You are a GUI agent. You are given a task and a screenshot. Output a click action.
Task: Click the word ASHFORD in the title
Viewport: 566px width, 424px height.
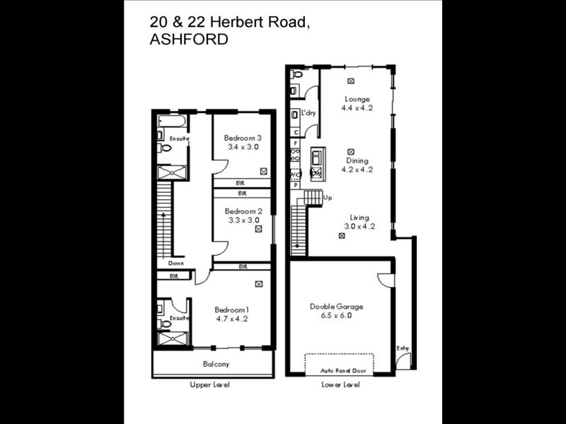[189, 40]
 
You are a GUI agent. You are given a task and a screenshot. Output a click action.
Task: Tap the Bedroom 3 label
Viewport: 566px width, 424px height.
[243, 138]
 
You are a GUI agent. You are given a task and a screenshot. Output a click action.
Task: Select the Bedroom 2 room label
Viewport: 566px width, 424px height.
[243, 211]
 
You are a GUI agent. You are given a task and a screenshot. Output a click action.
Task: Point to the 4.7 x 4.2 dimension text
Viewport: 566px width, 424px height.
[232, 319]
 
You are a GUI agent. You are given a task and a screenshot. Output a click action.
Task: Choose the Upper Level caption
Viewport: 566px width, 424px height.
[210, 385]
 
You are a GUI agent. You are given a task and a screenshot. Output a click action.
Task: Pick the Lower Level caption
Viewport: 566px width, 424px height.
[340, 385]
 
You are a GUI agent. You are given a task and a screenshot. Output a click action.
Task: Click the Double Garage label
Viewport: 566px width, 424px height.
[337, 307]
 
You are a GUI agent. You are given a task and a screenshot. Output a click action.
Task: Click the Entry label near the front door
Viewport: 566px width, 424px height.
[403, 348]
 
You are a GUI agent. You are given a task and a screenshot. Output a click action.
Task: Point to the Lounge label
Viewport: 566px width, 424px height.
[357, 99]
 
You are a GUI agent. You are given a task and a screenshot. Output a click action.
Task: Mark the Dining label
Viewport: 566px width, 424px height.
[357, 160]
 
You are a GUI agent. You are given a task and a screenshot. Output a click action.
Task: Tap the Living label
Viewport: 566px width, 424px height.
[359, 218]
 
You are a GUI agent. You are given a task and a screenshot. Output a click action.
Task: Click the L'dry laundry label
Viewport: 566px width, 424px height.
[308, 113]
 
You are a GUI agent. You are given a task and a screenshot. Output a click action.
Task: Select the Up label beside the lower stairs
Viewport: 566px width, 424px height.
[328, 198]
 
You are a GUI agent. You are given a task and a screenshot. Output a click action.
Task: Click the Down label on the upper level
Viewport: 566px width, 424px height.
[176, 263]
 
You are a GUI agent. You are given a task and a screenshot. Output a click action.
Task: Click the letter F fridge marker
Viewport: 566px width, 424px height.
[296, 143]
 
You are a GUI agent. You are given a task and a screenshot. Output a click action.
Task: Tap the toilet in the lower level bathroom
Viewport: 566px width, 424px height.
[296, 73]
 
